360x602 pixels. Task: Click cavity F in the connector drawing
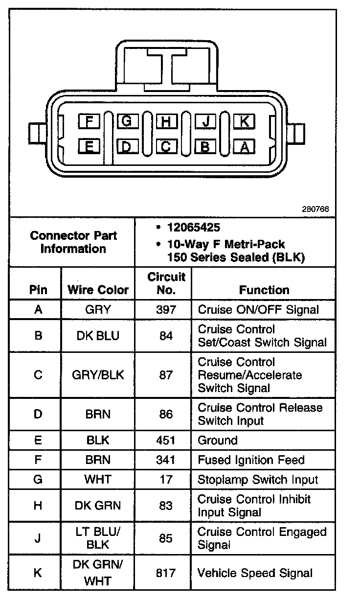[x=89, y=120]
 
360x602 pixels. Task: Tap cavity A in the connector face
[x=244, y=145]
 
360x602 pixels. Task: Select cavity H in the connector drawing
[x=166, y=120]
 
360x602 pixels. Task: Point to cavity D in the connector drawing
[x=127, y=145]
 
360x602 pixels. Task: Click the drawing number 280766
[x=316, y=209]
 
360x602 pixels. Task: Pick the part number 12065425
[x=193, y=228]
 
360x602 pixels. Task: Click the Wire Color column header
[x=98, y=290]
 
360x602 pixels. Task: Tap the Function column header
[x=264, y=290]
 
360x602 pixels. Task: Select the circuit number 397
[x=166, y=309]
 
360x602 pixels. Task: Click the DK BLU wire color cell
[x=98, y=336]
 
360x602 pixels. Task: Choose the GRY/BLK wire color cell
[x=98, y=375]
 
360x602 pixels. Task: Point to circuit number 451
[x=166, y=440]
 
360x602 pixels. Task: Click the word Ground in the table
[x=217, y=440]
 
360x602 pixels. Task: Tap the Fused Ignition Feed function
[x=251, y=460]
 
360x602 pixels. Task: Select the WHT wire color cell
[x=98, y=480]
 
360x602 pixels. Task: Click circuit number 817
[x=166, y=573]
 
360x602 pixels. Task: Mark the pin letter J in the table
[x=38, y=538]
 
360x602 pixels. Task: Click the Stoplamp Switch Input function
[x=258, y=480]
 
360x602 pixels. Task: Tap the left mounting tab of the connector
[x=35, y=133]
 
